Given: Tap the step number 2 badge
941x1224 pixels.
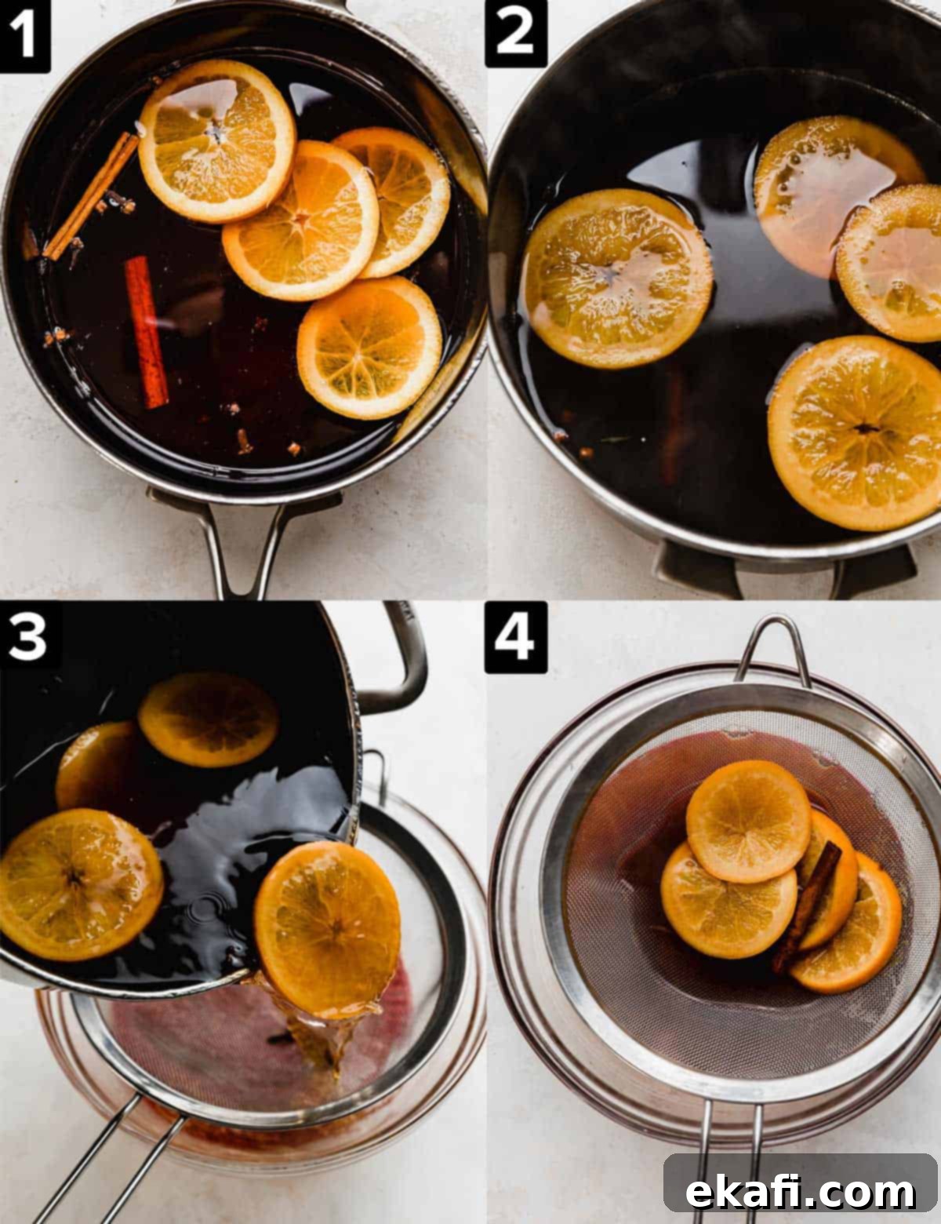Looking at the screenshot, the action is pyautogui.click(x=515, y=33).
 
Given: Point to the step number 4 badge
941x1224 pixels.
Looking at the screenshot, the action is pyautogui.click(x=515, y=637).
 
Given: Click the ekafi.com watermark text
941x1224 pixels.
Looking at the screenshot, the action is pyautogui.click(x=800, y=1190).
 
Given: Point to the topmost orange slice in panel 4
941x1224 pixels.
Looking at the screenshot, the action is pyautogui.click(x=748, y=821).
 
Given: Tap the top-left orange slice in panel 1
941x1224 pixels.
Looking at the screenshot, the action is pyautogui.click(x=217, y=140).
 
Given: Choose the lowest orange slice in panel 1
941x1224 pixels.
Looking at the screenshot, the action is pyautogui.click(x=369, y=348).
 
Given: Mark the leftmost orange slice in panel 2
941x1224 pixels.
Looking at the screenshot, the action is pyautogui.click(x=616, y=278).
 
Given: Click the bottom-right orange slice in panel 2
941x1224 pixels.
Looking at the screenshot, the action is pyautogui.click(x=856, y=432).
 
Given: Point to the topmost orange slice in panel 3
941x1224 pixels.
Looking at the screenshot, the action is pyautogui.click(x=209, y=719).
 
